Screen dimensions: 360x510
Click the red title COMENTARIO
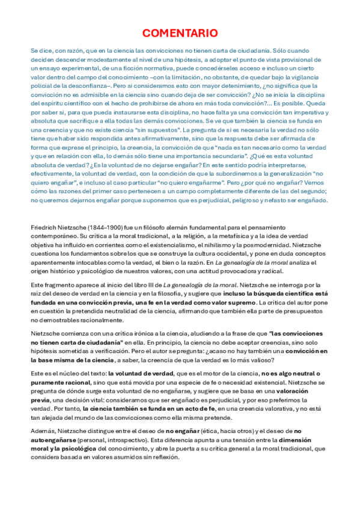[x=180, y=33]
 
